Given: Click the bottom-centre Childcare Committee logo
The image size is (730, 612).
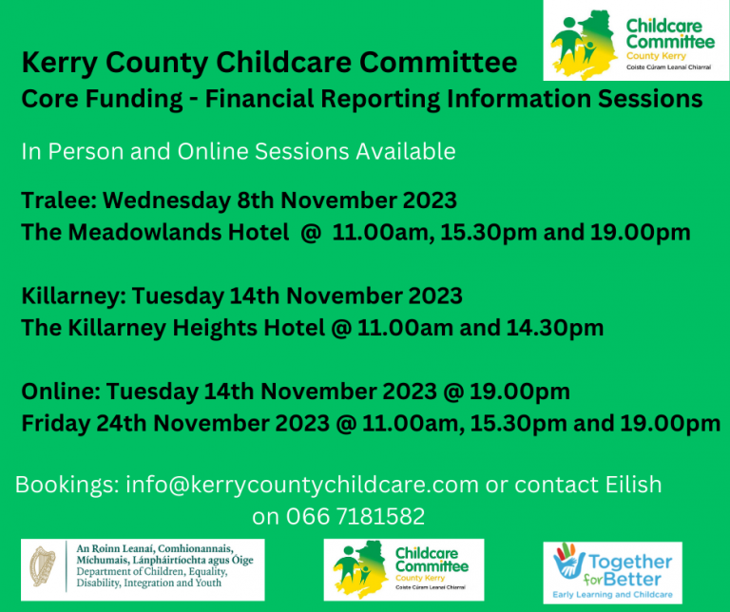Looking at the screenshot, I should [404, 569].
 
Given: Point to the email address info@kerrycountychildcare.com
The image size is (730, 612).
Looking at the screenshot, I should [302, 484].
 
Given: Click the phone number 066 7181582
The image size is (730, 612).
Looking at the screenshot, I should [366, 517].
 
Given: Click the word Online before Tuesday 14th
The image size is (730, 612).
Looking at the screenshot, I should [59, 391].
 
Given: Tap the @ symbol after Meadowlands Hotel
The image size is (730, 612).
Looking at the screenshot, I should [307, 233].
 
